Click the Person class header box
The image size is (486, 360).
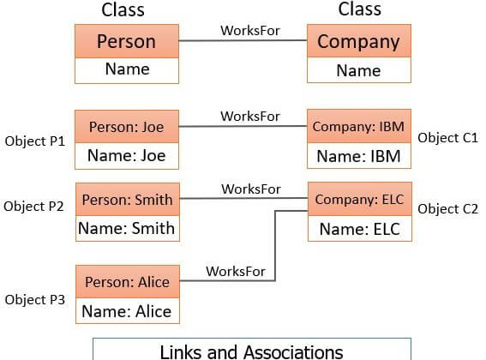pyautogui.click(x=127, y=41)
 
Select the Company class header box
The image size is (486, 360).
pyautogui.click(x=359, y=41)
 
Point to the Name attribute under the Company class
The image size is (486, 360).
pyautogui.click(x=359, y=70)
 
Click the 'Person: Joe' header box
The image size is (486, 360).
pyautogui.click(x=127, y=127)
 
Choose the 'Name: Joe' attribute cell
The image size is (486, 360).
pyautogui.click(x=127, y=156)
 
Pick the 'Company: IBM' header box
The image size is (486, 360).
pyautogui.click(x=359, y=126)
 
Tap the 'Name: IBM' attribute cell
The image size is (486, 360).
pyautogui.click(x=359, y=156)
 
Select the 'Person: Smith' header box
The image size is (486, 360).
pyautogui.click(x=128, y=200)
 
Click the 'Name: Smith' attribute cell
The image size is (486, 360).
pyautogui.click(x=128, y=229)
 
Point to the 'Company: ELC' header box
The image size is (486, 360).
pyautogui.click(x=359, y=199)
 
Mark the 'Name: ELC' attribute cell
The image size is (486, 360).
pyautogui.click(x=359, y=229)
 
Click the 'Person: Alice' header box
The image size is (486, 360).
pyautogui.click(x=128, y=281)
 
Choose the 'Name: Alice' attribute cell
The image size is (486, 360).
pyautogui.click(x=128, y=310)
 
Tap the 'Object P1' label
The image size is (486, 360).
pyautogui.click(x=35, y=141)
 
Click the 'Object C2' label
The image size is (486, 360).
pyautogui.click(x=448, y=209)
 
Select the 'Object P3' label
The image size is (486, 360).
pyautogui.click(x=35, y=300)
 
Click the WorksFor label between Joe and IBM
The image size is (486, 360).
pyautogui.click(x=250, y=117)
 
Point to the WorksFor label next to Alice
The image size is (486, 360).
pyautogui.click(x=236, y=272)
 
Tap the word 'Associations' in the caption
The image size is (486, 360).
pyautogui.click(x=293, y=352)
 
